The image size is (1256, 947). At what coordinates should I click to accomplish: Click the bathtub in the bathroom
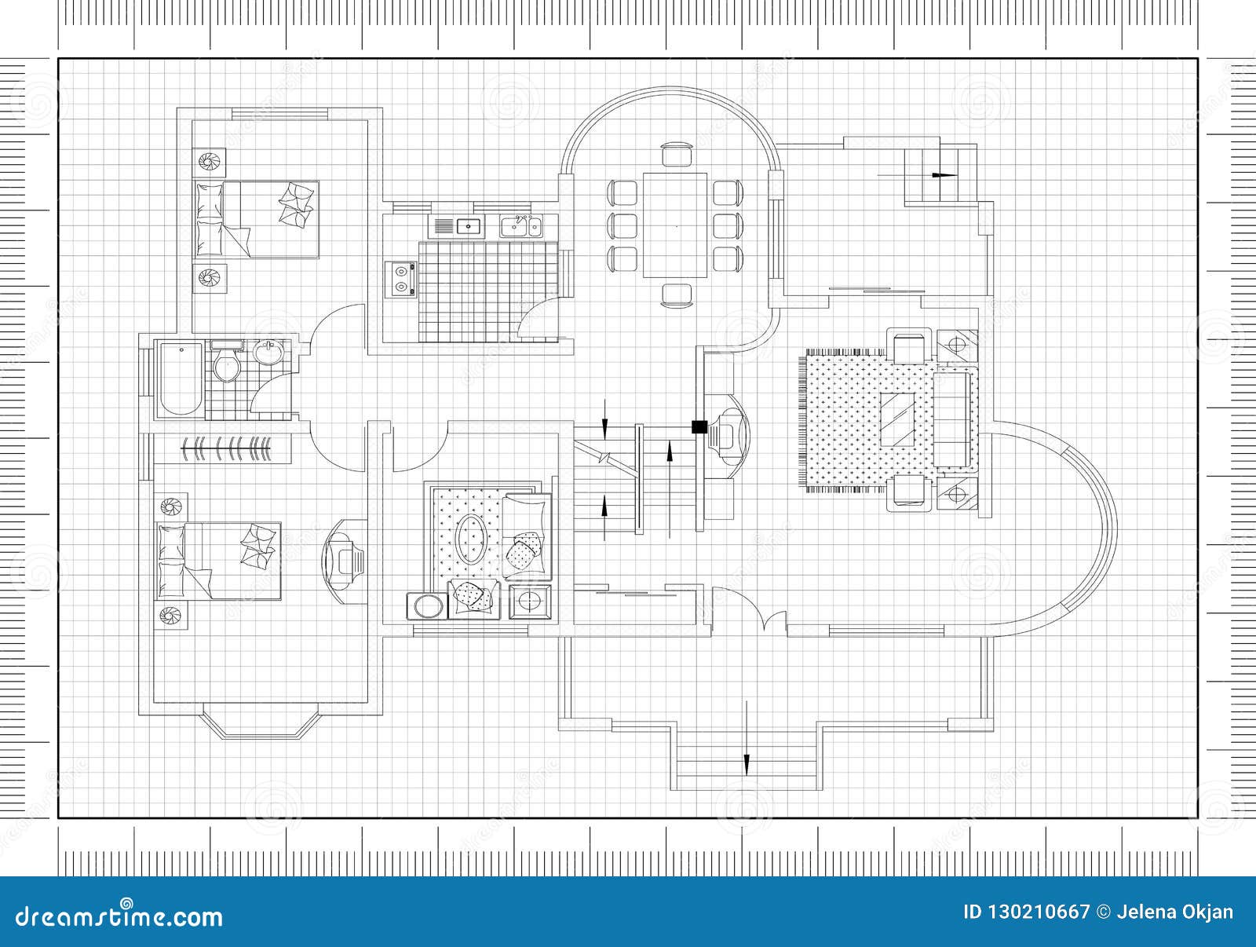click(180, 378)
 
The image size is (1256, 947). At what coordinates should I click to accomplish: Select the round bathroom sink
click(270, 353)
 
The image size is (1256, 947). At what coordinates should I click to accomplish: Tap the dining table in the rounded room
click(675, 225)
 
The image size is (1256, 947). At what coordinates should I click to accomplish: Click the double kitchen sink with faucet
click(522, 226)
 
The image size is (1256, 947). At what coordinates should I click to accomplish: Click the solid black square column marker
click(698, 426)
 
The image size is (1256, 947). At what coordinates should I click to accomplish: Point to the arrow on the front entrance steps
click(746, 762)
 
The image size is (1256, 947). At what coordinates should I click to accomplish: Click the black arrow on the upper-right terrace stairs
click(945, 174)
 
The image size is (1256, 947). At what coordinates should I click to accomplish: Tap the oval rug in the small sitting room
click(471, 538)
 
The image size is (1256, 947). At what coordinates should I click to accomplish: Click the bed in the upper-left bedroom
click(257, 219)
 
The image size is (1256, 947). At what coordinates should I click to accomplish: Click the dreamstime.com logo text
click(119, 915)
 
